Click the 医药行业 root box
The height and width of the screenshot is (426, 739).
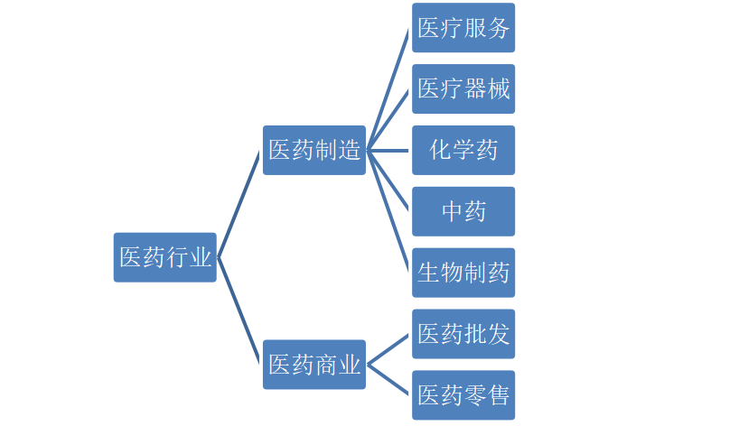click(x=164, y=257)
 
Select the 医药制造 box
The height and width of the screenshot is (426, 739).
click(x=314, y=150)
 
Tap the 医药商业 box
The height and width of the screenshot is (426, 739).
click(x=314, y=365)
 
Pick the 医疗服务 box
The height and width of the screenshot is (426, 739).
click(x=463, y=28)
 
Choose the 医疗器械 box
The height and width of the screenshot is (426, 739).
click(x=463, y=88)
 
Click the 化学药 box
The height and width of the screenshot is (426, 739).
click(x=463, y=150)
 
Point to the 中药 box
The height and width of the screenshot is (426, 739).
click(x=463, y=211)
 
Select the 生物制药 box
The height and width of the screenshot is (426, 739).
click(x=463, y=273)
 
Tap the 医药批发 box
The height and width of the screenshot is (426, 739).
click(x=463, y=334)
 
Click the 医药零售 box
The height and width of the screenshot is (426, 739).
click(x=463, y=395)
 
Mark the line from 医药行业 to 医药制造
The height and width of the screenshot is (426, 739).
click(x=239, y=204)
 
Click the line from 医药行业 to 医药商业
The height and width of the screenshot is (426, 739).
click(x=239, y=310)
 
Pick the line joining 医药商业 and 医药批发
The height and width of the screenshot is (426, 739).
click(x=389, y=349)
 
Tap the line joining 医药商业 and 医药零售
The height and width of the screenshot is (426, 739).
click(x=389, y=380)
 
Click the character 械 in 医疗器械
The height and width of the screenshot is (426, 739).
click(x=499, y=88)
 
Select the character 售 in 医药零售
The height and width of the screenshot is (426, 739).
click(x=499, y=395)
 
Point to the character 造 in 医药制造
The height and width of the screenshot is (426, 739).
click(x=350, y=150)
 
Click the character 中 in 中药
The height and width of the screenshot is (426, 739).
click(x=452, y=211)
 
